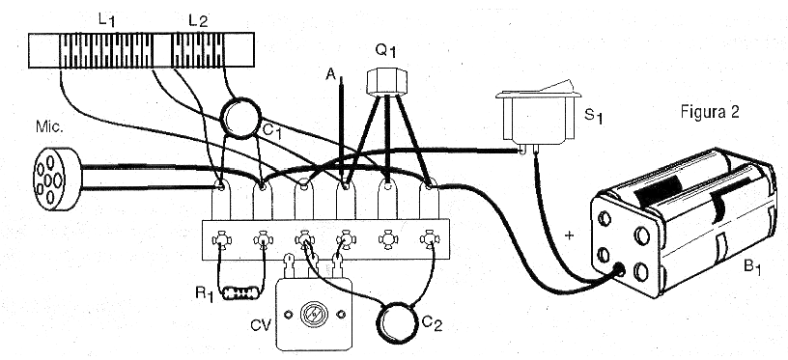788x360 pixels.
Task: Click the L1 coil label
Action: click(x=106, y=20)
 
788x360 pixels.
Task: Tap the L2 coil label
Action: click(x=198, y=20)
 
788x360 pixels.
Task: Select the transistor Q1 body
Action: click(x=385, y=81)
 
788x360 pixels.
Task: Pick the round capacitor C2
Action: click(x=398, y=323)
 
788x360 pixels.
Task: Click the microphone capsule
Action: click(x=56, y=179)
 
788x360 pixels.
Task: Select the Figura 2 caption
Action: click(x=710, y=113)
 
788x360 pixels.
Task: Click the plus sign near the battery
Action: click(x=570, y=235)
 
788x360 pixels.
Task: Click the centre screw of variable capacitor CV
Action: click(x=314, y=315)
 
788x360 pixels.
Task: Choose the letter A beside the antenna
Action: click(x=330, y=75)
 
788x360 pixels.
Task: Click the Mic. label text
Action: click(x=50, y=127)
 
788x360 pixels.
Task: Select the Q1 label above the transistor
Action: click(x=386, y=51)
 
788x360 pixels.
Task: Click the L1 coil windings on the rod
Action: click(x=105, y=50)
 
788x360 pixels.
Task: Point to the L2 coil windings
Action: click(x=198, y=50)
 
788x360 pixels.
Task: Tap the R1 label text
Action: click(x=206, y=293)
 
